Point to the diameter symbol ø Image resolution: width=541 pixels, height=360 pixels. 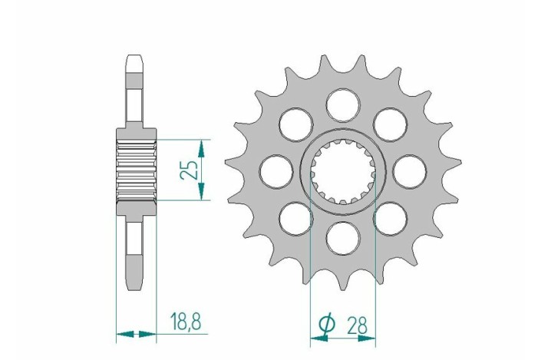coord(325,325)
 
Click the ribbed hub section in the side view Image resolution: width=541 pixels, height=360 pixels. coord(136,170)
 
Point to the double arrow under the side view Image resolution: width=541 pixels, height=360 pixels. coord(136,334)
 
